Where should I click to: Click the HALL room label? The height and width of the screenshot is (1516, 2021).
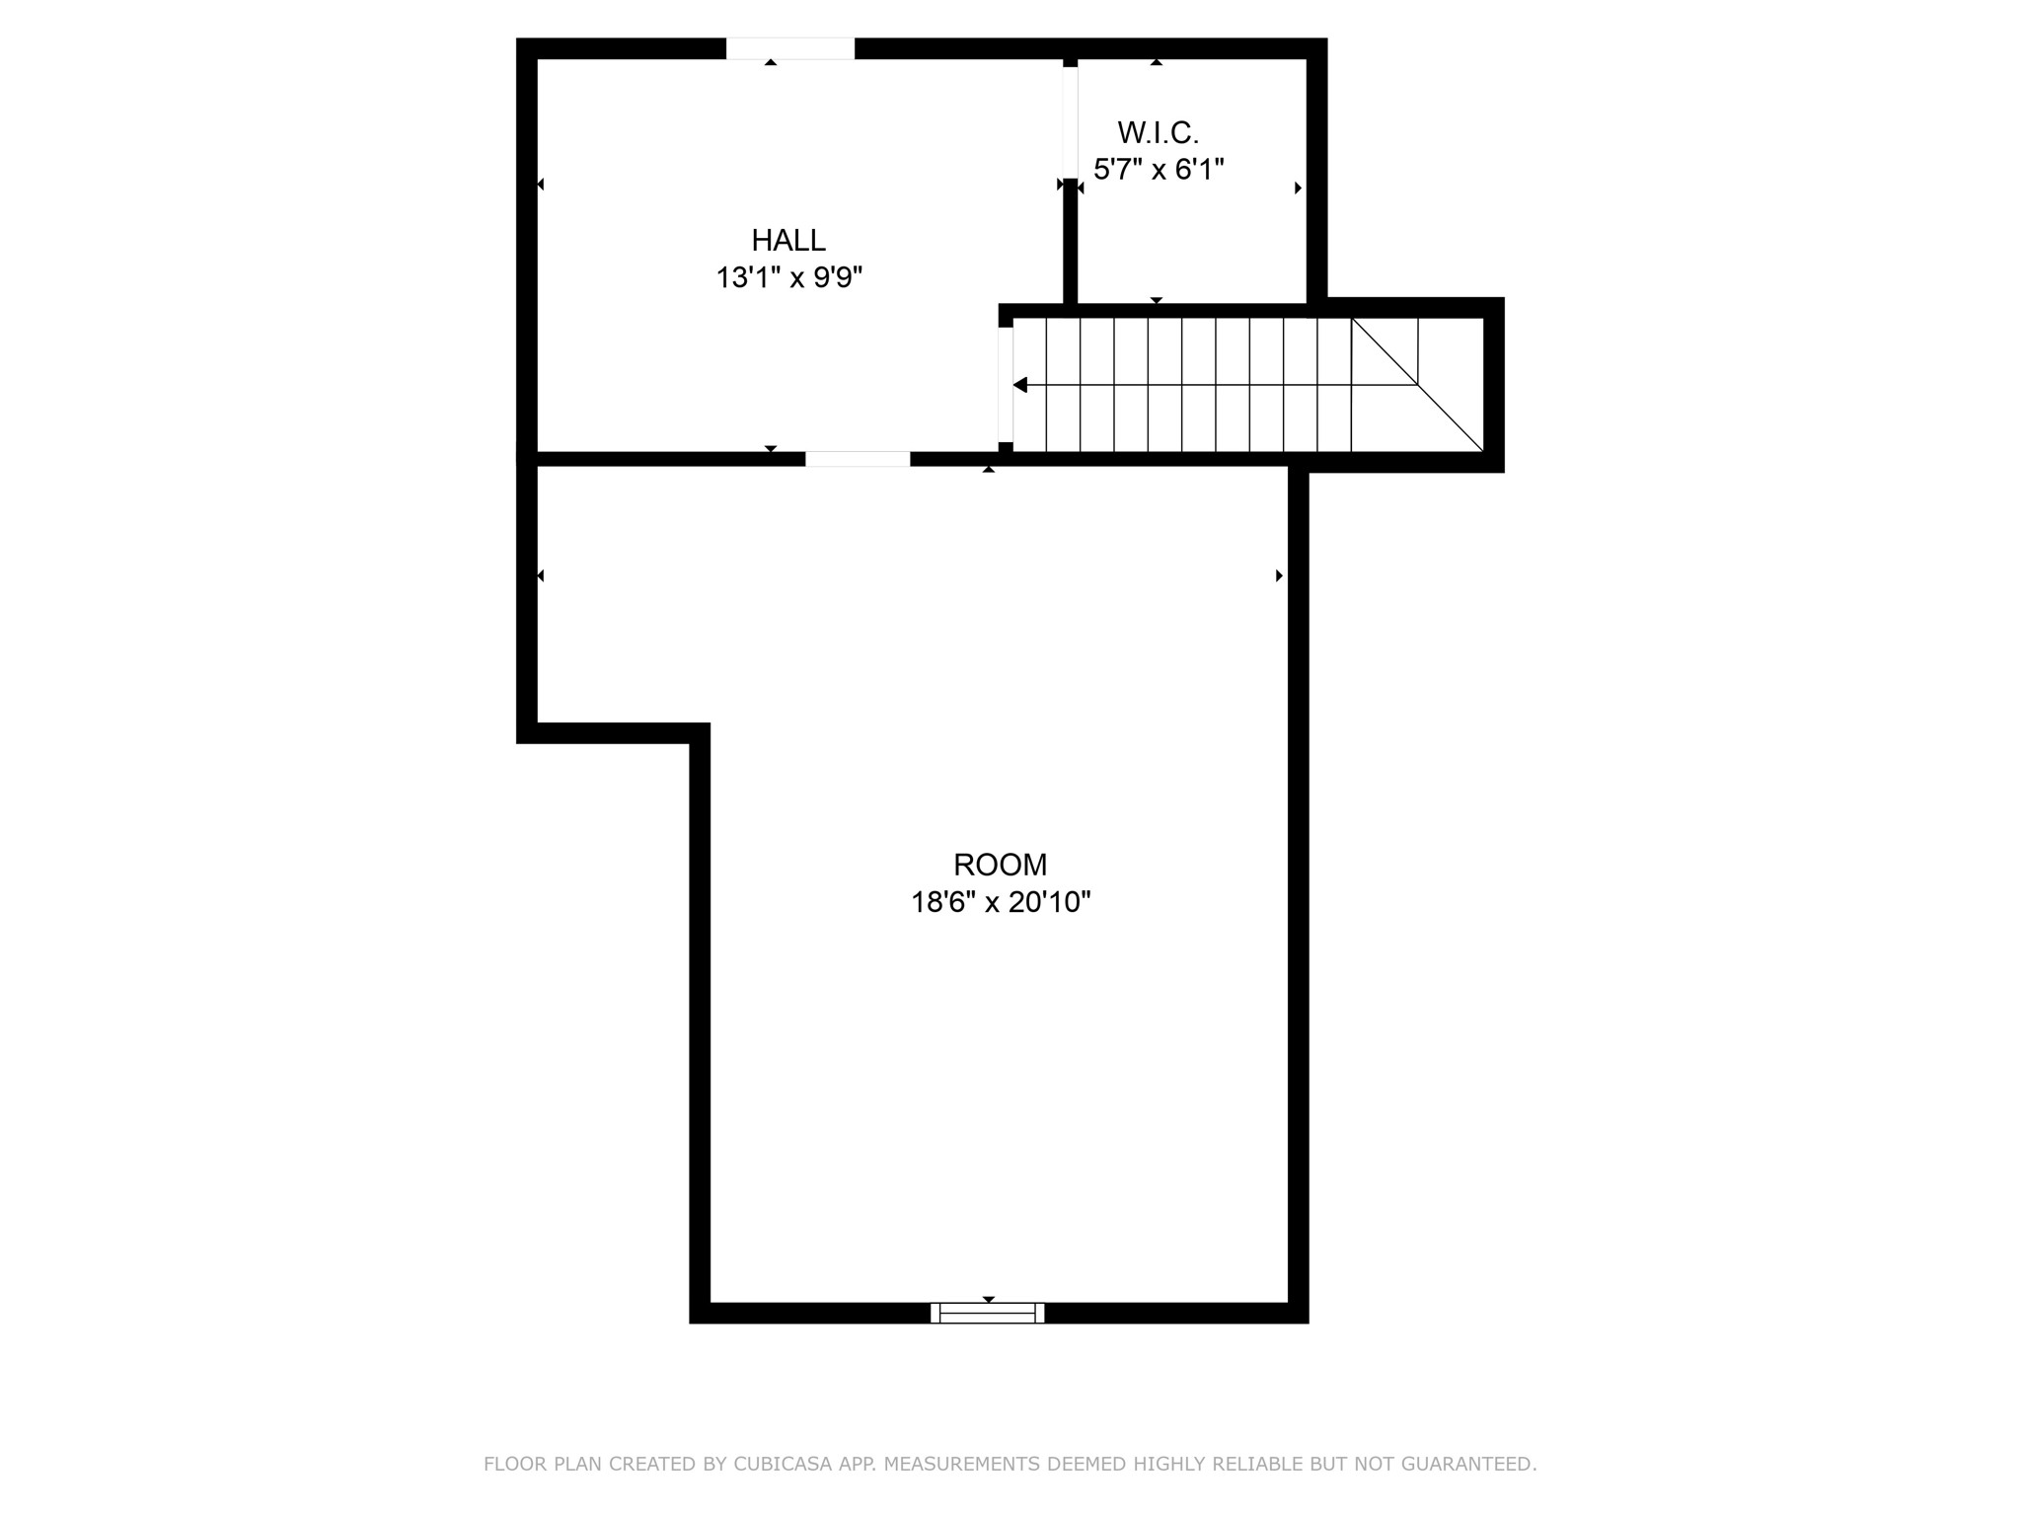point(788,240)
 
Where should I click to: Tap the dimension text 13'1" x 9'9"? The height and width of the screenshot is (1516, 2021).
point(788,278)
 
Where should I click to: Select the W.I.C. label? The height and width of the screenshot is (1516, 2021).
point(1158,132)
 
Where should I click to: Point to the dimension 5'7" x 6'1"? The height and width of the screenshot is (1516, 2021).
point(1158,170)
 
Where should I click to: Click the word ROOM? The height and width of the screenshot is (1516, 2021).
point(1000,865)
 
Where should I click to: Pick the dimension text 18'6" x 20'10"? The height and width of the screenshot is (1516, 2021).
point(1000,902)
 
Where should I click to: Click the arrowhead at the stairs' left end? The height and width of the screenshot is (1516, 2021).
point(1020,385)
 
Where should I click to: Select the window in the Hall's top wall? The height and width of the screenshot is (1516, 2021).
point(789,48)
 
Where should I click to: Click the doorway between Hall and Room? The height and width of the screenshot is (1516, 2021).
point(857,459)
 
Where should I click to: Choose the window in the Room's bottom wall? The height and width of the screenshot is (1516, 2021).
point(987,1313)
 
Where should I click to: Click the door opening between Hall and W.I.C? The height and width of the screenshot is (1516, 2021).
point(1070,121)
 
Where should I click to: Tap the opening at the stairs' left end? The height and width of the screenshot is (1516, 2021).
point(1005,385)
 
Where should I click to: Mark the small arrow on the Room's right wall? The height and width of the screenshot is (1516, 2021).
point(1279,575)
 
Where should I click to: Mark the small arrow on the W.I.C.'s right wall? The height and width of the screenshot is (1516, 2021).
point(1298,188)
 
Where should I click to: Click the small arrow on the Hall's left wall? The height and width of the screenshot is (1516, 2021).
point(540,185)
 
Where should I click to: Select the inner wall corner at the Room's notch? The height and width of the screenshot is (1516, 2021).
point(700,732)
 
